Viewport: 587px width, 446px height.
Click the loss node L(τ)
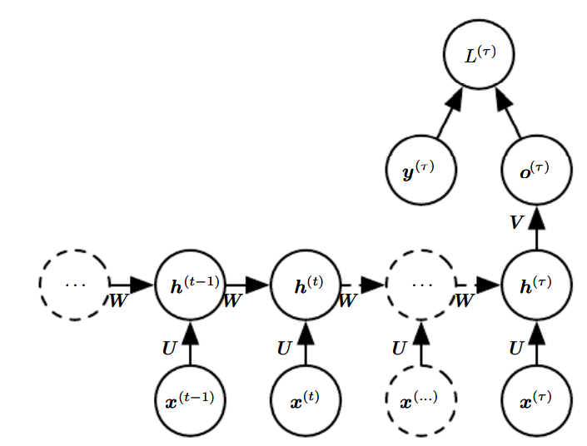pos(478,57)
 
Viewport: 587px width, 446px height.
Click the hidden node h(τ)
pos(536,285)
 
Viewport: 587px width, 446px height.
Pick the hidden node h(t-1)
pos(191,285)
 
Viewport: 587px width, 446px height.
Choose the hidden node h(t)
pos(306,285)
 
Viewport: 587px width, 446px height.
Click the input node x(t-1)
pos(191,400)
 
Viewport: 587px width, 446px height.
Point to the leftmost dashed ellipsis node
pos(74,285)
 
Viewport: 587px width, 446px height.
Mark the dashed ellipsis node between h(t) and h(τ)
pos(421,285)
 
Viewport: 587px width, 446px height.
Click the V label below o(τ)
pos(516,223)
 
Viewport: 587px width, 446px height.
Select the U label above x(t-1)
pos(169,348)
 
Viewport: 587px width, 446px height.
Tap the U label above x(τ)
pos(516,348)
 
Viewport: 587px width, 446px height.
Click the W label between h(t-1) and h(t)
pos(232,300)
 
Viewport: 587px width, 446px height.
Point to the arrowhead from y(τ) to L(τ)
pos(453,102)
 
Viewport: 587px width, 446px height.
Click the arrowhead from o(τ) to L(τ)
pos(504,102)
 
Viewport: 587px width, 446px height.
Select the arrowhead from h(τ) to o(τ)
pos(536,218)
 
